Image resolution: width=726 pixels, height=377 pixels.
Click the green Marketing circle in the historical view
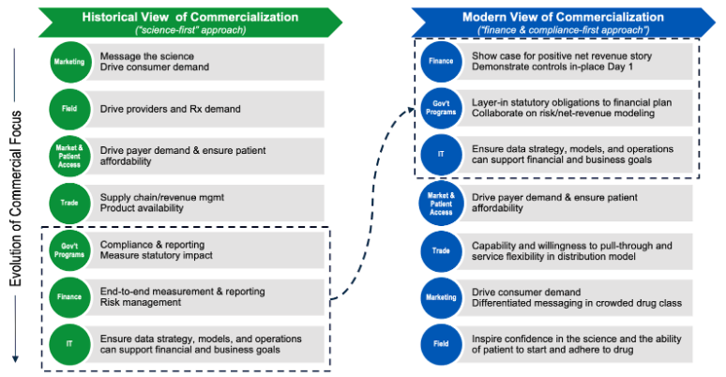tap(68, 64)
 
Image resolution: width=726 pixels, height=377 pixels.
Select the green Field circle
tap(68, 109)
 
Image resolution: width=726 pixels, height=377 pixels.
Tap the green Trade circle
tap(68, 202)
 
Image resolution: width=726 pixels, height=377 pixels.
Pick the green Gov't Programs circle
tap(68, 250)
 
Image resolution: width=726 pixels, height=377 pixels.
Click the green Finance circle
tap(68, 295)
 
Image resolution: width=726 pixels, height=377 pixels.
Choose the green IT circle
tap(68, 342)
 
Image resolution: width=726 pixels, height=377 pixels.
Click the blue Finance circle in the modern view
tap(439, 62)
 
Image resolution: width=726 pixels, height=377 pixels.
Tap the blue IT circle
tap(439, 154)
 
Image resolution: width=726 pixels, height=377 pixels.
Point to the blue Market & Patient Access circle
tap(439, 204)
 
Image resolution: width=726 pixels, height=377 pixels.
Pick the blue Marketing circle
tap(439, 297)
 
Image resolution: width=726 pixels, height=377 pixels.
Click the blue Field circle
tap(439, 343)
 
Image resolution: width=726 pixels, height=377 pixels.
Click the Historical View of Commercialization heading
tap(190, 17)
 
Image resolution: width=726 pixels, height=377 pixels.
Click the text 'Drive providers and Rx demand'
tap(170, 109)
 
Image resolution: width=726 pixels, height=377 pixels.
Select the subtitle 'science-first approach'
tap(190, 32)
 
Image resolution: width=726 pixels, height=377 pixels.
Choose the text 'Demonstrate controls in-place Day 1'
tap(554, 68)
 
